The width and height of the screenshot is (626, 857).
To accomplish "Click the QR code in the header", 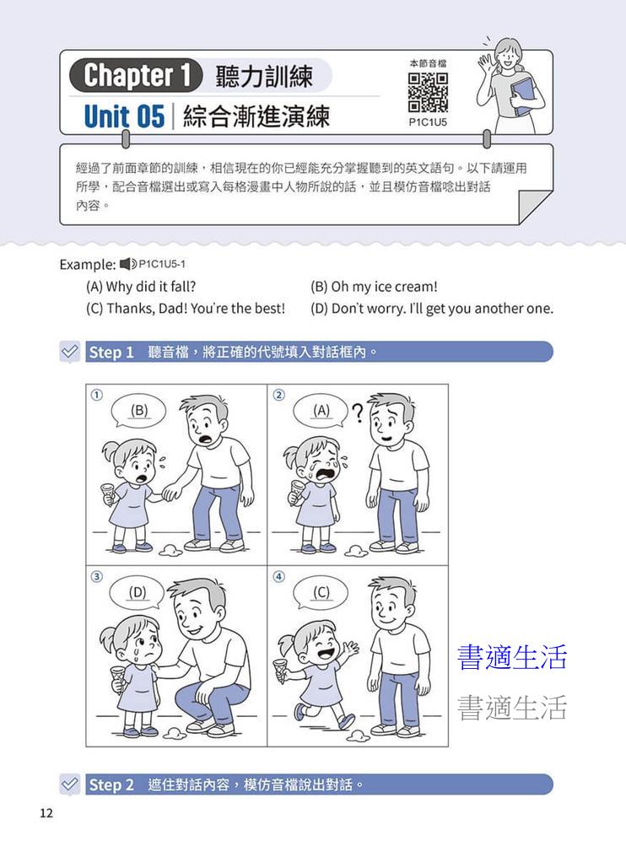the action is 428,93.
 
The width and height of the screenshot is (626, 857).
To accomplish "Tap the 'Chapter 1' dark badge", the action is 136,75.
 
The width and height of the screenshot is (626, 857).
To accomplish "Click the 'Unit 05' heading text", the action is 124,116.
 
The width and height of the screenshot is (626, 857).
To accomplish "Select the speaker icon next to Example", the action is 128,264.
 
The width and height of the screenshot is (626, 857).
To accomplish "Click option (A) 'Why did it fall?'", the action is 141,287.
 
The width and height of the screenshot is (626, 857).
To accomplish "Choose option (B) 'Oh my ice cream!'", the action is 374,287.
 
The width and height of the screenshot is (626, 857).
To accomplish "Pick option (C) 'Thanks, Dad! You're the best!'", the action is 186,308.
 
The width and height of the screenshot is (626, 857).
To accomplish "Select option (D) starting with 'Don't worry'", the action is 432,308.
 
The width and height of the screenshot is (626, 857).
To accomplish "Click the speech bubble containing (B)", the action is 139,412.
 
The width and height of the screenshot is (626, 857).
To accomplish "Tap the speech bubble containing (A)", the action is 321,411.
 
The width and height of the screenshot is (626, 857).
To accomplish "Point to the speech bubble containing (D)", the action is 137,593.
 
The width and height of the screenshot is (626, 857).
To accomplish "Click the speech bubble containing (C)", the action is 321,593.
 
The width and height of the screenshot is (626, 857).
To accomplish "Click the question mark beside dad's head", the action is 358,414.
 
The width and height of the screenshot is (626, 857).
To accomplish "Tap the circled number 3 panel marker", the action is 97,577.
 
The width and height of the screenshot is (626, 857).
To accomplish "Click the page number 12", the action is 46,813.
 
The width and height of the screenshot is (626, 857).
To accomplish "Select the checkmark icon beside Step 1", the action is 70,352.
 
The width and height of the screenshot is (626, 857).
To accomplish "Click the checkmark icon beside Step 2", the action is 70,784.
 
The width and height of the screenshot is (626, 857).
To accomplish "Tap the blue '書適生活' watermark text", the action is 512,657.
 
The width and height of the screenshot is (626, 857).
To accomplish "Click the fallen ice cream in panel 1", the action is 170,551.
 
